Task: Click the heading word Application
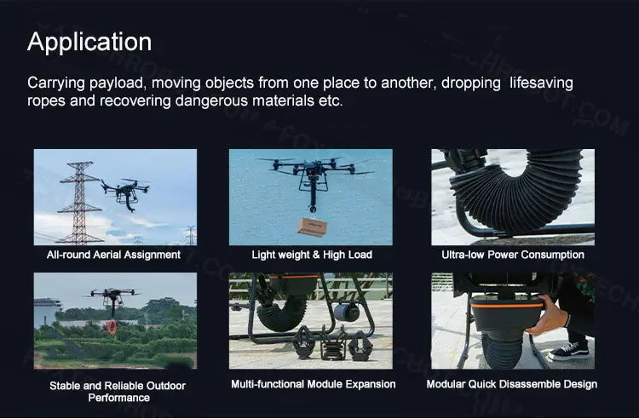[x=89, y=43]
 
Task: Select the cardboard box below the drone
[x=312, y=227]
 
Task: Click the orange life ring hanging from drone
[x=112, y=327]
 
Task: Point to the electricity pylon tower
[x=80, y=203]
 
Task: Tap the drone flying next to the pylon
[x=125, y=192]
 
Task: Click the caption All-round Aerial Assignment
[x=113, y=255]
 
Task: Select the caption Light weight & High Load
[x=312, y=255]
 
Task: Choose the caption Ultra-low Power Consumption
[x=513, y=255]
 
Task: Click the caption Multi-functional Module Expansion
[x=313, y=384]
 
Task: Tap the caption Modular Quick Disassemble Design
[x=512, y=384]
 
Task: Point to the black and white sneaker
[x=568, y=352]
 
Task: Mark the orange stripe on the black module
[x=508, y=305]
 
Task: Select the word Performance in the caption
[x=119, y=398]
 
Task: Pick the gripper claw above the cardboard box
[x=313, y=209]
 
